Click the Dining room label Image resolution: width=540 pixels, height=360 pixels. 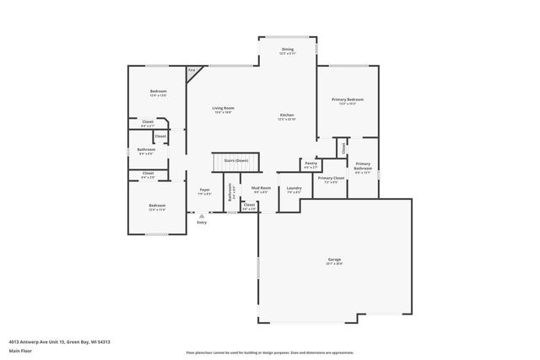pos(288,51)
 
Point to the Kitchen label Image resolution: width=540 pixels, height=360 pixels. pos(287,116)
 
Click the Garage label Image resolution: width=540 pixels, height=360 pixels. pos(334,261)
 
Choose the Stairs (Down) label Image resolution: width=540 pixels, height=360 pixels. pos(235,160)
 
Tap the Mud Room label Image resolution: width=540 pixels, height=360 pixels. pos(261,189)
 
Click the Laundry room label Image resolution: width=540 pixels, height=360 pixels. pos(294,189)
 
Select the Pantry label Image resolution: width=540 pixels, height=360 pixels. pos(310,164)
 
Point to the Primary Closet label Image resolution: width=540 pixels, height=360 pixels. pos(331,180)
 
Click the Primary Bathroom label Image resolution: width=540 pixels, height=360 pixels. pos(362,167)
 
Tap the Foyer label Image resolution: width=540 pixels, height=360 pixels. pos(204,191)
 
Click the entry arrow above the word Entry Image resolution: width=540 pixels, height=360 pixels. pos(201,215)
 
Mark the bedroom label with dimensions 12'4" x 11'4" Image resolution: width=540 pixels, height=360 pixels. pos(158,207)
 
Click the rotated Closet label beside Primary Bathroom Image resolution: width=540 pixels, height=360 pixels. pos(344,148)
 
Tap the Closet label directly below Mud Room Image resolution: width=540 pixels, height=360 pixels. pos(249,206)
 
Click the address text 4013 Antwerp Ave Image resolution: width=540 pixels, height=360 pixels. pos(59,341)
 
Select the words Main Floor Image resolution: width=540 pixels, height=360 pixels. pos(20,351)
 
